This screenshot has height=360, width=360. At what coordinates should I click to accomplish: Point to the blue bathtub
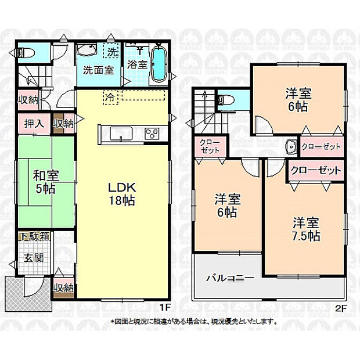click(x=159, y=64)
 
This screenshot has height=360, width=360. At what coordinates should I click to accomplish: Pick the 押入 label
click(x=33, y=123)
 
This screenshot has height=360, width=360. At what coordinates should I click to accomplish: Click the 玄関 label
click(x=33, y=257)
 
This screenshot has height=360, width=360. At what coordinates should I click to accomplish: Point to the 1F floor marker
click(x=164, y=307)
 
